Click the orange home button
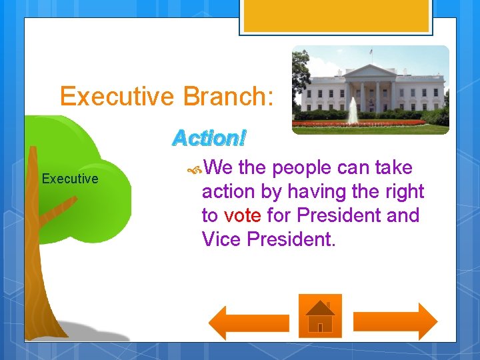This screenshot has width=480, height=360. pos(320,316)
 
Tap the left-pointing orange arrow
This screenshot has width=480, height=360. pos(249,323)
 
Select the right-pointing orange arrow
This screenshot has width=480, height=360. pos(395,322)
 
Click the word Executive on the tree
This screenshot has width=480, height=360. pos(70,179)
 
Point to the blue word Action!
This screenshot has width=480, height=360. pos(209,138)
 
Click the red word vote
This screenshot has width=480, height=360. pos(243,215)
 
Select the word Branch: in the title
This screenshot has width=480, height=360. pos(228,96)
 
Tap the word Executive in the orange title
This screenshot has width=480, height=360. pos(117,96)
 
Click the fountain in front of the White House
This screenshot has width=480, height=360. pos(353,111)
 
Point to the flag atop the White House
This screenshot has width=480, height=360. pos(371,51)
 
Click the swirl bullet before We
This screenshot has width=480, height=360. pos(195,169)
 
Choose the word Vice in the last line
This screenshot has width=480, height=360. pos(221,239)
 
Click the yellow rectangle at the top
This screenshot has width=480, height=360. pos(336,16)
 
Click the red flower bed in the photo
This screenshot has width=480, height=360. pos(359,123)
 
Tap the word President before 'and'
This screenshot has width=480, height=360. pos(339,215)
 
